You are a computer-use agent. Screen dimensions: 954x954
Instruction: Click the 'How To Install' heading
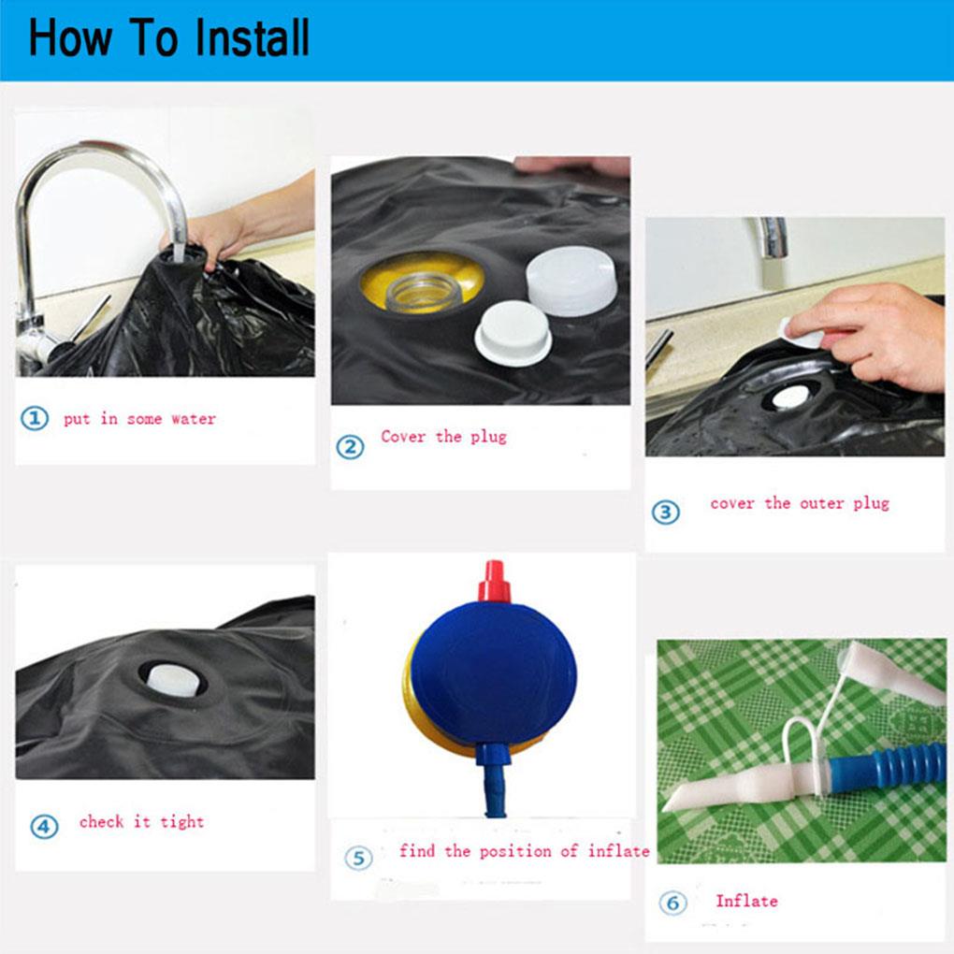[169, 37]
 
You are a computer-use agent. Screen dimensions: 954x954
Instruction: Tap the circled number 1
[35, 419]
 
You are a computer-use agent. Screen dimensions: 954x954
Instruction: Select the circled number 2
[351, 447]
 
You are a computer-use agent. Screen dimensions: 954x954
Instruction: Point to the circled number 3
[666, 513]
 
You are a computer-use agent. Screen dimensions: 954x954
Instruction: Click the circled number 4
[44, 826]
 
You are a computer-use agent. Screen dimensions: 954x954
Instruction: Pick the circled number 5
[358, 858]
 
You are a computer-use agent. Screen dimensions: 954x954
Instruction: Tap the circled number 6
[672, 903]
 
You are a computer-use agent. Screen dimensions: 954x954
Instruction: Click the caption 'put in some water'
[140, 419]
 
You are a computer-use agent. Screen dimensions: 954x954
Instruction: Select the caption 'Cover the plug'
[443, 436]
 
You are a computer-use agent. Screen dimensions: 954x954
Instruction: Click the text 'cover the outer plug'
[800, 503]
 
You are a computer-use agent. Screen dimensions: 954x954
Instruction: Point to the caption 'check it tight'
[142, 821]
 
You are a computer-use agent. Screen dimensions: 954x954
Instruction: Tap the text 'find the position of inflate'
[524, 850]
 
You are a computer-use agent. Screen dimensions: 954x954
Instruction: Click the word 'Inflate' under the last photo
[746, 901]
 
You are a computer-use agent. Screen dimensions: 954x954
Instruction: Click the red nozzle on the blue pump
[494, 582]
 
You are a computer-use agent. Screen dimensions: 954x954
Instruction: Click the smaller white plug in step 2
[513, 332]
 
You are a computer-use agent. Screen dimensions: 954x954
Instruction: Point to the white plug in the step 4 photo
[173, 681]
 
